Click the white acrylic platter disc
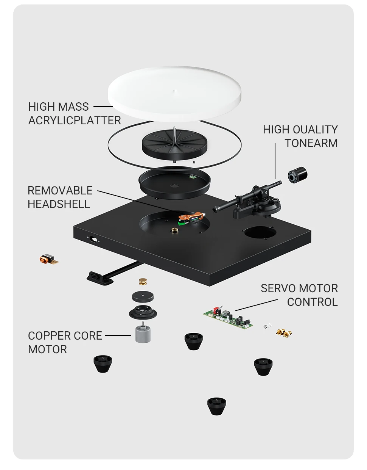174,94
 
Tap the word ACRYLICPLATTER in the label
75,121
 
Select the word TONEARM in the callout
311,143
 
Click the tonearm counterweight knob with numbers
297,175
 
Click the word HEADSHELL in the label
59,204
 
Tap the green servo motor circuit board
228,317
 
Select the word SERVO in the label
278,288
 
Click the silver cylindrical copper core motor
143,333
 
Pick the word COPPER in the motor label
49,336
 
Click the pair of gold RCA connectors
284,333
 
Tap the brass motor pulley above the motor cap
142,282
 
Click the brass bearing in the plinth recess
174,230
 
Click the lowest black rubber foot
216,406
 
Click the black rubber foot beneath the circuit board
193,341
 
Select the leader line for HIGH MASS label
103,107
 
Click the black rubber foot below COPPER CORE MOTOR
103,364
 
